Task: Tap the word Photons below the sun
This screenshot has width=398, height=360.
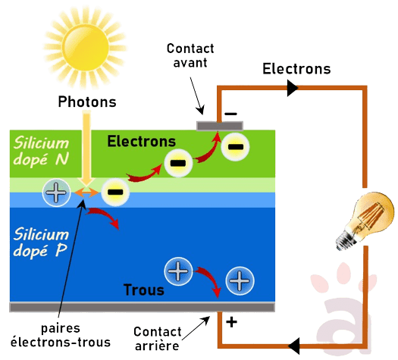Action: (86, 100)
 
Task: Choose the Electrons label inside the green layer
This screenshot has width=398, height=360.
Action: (141, 141)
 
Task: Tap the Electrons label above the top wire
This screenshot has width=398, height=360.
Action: (296, 69)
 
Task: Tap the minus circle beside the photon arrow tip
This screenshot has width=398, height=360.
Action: (115, 193)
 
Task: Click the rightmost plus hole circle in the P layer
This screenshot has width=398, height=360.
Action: (240, 281)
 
